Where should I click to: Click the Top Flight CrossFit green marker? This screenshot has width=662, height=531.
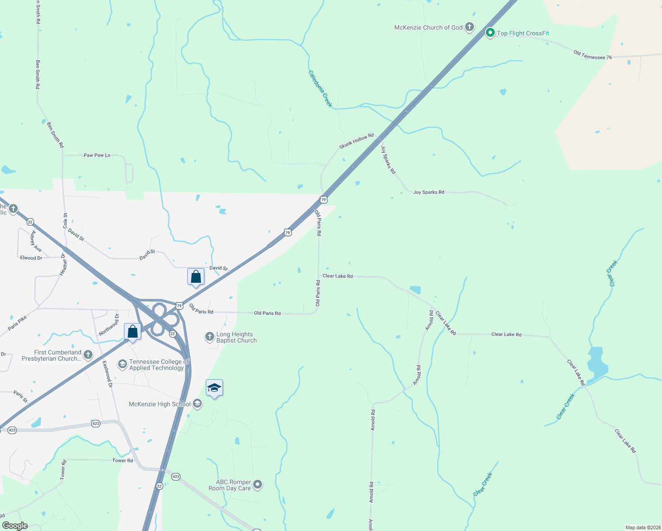pos(490,33)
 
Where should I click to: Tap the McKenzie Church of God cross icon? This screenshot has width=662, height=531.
pos(469,27)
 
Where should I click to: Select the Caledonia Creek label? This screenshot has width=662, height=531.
pos(320,88)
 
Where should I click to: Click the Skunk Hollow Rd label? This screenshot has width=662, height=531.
pos(356,141)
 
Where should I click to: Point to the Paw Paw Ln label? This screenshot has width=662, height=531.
pos(97,155)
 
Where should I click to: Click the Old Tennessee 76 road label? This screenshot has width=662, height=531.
pos(593,55)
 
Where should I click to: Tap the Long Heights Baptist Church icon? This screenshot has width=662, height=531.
pos(209,337)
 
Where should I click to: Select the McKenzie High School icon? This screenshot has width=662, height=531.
pos(197,404)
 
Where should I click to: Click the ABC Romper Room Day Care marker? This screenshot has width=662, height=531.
pos(258,485)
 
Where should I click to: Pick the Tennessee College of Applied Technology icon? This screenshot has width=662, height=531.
pos(122,364)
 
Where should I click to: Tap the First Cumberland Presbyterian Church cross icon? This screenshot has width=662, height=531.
pos(88,355)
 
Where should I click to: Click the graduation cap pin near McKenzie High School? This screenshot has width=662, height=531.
pos(214,388)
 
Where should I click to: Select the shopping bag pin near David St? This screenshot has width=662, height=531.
pos(196,277)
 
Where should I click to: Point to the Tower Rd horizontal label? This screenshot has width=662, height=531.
pos(123,461)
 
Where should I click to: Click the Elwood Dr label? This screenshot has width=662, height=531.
pos(31,258)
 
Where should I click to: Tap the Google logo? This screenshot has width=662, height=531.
pos(15,526)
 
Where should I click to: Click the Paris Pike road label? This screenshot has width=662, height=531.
pos(17,323)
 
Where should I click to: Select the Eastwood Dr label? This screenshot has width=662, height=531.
pos(108,374)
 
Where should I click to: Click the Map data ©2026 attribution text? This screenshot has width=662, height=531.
pos(643,527)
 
